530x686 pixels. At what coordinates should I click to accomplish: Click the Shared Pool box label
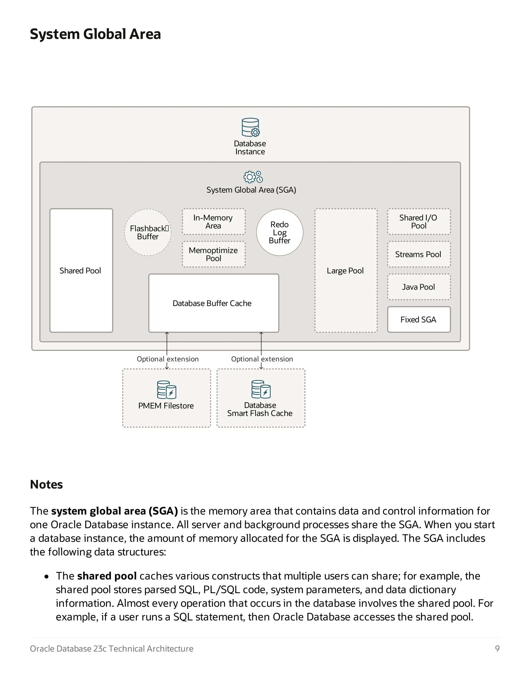click(80, 271)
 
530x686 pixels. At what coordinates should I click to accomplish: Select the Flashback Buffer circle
click(148, 232)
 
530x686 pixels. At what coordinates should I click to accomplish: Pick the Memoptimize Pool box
click(214, 254)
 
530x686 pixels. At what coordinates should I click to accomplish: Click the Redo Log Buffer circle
click(279, 232)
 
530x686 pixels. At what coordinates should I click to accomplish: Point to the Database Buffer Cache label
click(212, 303)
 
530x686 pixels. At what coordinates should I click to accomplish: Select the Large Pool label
click(345, 271)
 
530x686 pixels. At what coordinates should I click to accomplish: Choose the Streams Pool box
click(418, 254)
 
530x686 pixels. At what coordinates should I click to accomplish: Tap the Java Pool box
click(418, 287)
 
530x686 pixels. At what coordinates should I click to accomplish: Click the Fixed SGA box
click(418, 319)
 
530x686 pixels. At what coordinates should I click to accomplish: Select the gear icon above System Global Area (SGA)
click(253, 177)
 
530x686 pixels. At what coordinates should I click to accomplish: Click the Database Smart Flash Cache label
click(260, 409)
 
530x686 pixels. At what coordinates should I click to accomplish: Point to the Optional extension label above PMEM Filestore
click(168, 359)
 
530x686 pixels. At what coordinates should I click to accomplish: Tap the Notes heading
click(47, 484)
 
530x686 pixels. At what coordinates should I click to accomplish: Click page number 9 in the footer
click(497, 649)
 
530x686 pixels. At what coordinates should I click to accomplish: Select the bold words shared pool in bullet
click(107, 576)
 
